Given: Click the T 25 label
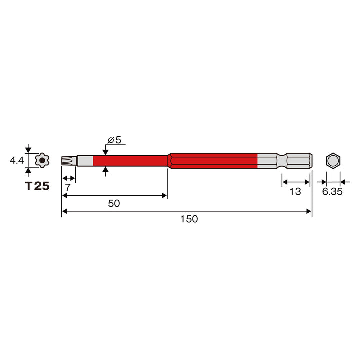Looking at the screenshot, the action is coord(37,186).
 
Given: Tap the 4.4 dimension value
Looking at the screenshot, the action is coord(17,160).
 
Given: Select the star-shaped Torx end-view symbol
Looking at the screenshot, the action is coord(42,160).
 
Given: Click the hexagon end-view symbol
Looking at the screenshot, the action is coord(333,160).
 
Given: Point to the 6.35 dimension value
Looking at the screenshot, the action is coord(332,191).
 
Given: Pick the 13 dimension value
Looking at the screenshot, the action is coord(295,191).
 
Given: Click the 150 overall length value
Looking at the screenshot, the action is coord(189,219).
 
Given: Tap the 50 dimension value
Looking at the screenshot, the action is coord(114,203).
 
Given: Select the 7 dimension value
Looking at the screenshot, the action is coord(68,188).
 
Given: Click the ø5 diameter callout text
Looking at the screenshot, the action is coord(114,140).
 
